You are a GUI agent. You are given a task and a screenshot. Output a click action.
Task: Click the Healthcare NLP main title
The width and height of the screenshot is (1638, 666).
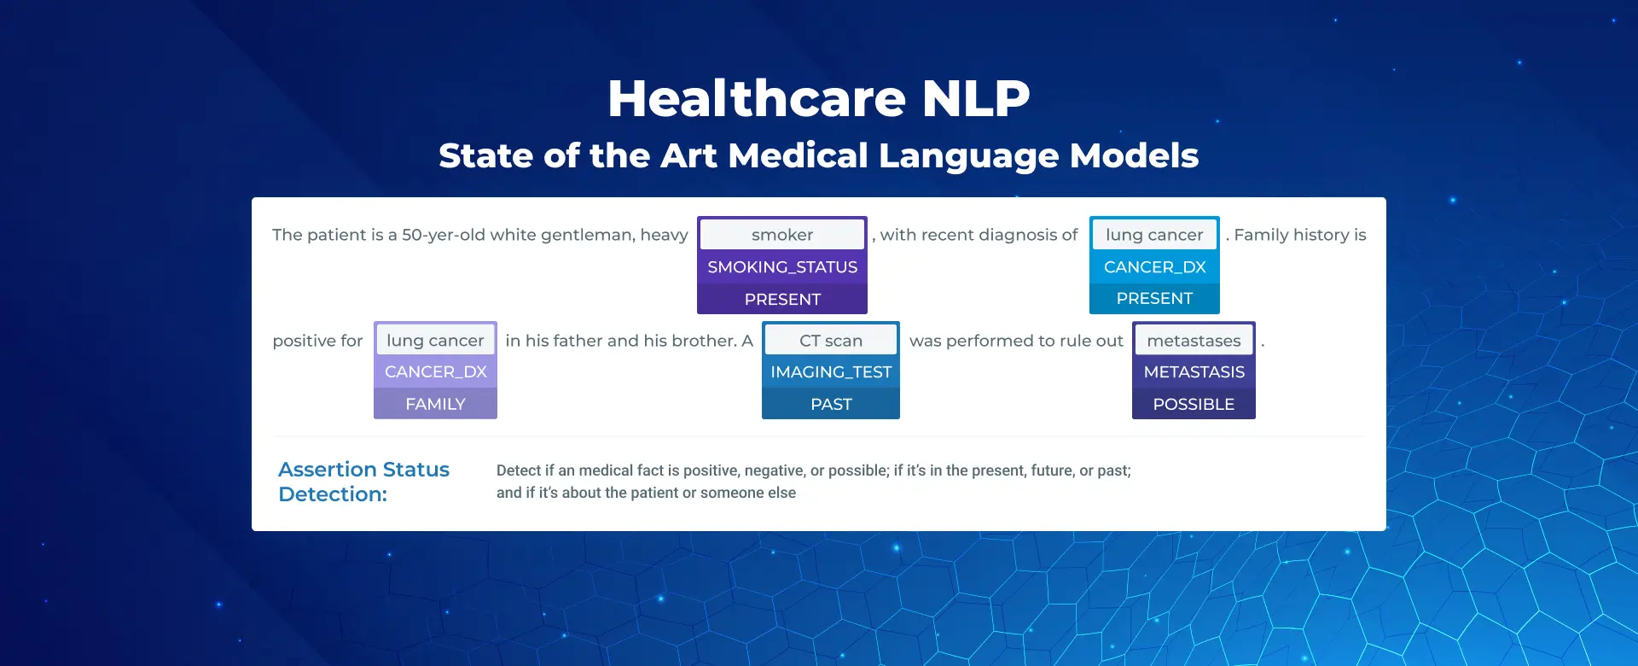point(819,98)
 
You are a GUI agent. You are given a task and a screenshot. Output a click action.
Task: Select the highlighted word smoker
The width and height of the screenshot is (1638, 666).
point(782,235)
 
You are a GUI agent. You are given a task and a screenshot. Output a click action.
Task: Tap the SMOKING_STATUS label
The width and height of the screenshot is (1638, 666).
point(782,267)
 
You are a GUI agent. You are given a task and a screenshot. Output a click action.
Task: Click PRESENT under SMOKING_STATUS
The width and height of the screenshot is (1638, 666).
point(782,300)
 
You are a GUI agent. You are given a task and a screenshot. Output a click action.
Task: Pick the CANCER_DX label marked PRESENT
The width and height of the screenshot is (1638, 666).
point(1154,267)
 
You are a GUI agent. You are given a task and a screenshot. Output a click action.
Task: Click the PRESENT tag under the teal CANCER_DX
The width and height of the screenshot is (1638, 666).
point(1154,299)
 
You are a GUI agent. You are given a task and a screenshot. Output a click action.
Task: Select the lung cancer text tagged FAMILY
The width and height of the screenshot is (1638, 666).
point(435,341)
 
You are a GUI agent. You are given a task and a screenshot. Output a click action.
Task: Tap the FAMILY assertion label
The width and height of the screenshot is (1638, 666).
point(435,404)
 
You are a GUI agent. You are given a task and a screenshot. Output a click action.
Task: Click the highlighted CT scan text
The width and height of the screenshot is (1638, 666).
point(831,341)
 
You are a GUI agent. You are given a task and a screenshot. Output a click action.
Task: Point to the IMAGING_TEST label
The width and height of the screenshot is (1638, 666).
point(831,372)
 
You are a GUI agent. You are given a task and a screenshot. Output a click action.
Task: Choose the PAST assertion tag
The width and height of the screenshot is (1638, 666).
point(831,404)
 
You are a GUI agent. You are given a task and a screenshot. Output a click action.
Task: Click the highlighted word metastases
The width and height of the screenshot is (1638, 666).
point(1194,341)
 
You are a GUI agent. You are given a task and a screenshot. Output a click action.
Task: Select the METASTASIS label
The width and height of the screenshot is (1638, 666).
point(1194,372)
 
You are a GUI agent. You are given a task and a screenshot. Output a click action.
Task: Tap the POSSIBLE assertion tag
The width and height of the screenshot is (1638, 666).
point(1194,404)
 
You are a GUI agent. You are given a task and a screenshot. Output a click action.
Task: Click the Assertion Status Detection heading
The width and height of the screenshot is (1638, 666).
point(363,482)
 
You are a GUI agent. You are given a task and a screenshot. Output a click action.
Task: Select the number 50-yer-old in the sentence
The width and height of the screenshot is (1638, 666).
point(443,235)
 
